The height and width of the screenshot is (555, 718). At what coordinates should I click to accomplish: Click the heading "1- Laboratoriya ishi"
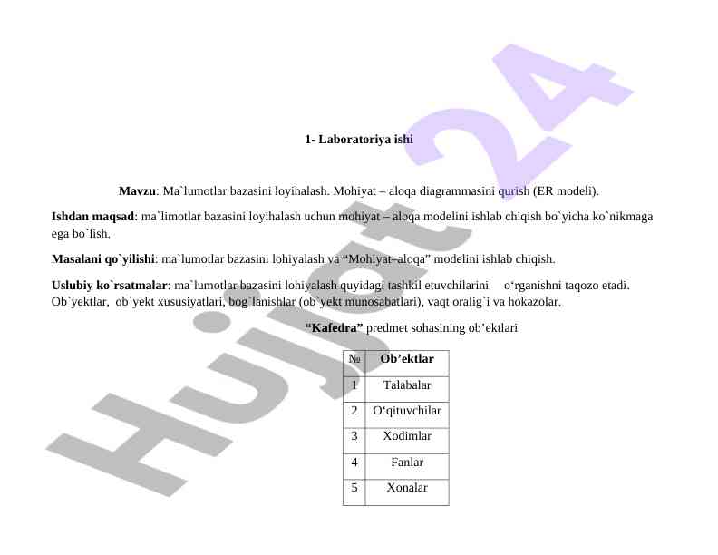(359, 141)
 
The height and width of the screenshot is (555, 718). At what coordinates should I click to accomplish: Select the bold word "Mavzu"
(137, 191)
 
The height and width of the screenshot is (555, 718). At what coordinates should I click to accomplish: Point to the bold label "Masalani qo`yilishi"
(102, 259)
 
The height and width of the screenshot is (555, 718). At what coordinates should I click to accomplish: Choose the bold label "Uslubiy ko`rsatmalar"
(109, 285)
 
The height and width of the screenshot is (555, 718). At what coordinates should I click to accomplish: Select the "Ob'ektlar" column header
(406, 360)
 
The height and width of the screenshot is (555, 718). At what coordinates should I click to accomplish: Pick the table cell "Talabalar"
(406, 385)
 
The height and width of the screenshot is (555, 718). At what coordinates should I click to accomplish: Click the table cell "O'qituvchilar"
(406, 411)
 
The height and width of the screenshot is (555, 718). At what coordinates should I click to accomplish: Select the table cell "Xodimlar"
(406, 436)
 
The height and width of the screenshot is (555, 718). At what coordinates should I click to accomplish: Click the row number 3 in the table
(354, 436)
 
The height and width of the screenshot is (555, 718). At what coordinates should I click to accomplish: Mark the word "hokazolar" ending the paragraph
(532, 300)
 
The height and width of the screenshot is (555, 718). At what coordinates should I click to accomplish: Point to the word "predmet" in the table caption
(387, 326)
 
